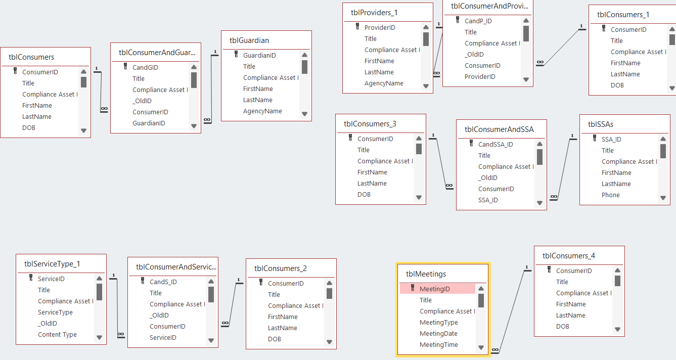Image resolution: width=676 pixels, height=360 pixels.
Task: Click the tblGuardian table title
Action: click(x=249, y=40)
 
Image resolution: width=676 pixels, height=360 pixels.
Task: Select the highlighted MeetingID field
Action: click(x=434, y=289)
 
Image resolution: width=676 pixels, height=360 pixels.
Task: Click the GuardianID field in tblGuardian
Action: click(x=259, y=55)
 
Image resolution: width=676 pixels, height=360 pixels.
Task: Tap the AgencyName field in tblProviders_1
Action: click(x=384, y=83)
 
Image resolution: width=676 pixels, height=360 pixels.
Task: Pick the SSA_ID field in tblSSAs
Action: click(x=611, y=139)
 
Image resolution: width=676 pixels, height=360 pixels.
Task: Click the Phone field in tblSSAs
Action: click(x=610, y=195)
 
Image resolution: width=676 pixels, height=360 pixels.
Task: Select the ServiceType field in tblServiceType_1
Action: click(x=55, y=312)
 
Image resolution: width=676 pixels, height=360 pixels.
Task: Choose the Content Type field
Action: click(x=57, y=334)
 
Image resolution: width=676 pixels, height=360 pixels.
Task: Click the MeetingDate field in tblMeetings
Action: click(x=438, y=333)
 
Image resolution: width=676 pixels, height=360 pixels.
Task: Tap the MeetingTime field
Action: click(x=438, y=344)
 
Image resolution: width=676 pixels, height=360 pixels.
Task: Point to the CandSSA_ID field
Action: click(x=495, y=144)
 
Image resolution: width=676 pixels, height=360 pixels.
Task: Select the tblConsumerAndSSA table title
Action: click(x=499, y=129)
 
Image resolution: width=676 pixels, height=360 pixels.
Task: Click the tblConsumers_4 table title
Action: click(x=569, y=256)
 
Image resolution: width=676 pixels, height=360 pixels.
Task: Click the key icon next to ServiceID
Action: click(x=31, y=278)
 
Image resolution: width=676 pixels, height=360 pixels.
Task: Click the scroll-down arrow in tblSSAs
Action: click(x=663, y=198)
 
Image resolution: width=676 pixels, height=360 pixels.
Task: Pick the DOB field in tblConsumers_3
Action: click(x=364, y=194)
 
